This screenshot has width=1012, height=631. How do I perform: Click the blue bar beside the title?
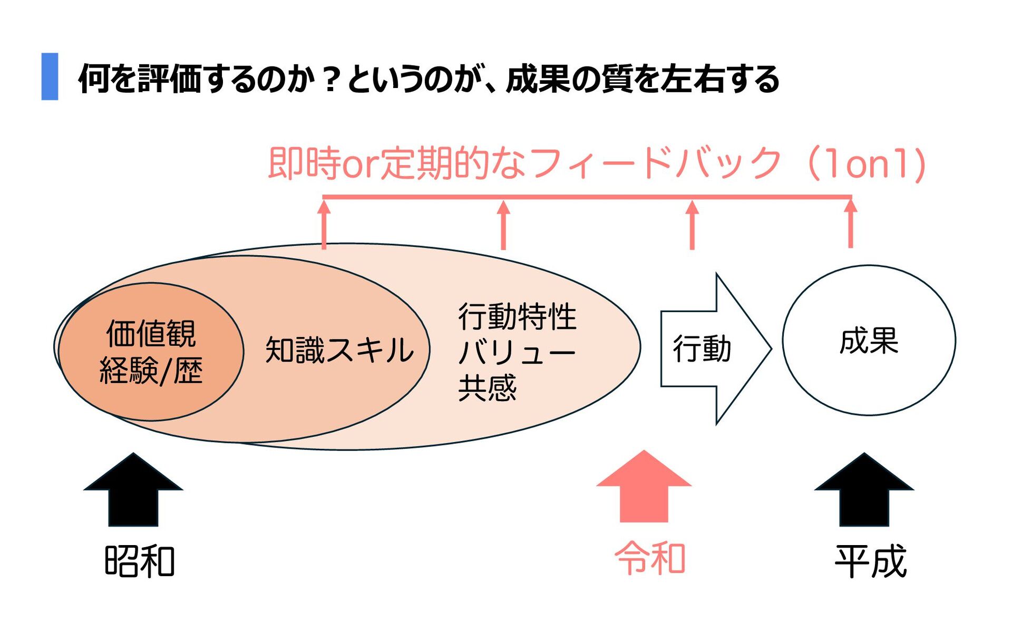pyautogui.click(x=50, y=76)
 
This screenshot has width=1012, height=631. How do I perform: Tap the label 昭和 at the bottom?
pyautogui.click(x=140, y=561)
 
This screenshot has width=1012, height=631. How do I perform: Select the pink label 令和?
pyautogui.click(x=650, y=558)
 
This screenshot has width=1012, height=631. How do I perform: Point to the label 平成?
pyautogui.click(x=870, y=561)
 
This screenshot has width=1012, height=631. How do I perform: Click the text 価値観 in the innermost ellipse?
pyautogui.click(x=151, y=334)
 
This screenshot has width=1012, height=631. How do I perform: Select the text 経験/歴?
pyautogui.click(x=151, y=371)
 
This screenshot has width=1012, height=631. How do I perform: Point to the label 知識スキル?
pyautogui.click(x=339, y=350)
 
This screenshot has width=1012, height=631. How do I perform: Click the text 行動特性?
pyautogui.click(x=518, y=317)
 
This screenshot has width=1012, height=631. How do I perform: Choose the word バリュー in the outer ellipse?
pyautogui.click(x=517, y=352)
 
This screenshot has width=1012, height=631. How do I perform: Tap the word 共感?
pyautogui.click(x=487, y=388)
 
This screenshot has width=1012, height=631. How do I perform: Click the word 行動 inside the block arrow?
pyautogui.click(x=702, y=349)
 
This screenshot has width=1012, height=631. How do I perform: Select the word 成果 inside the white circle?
pyautogui.click(x=869, y=341)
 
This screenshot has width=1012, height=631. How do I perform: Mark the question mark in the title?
pyautogui.click(x=331, y=79)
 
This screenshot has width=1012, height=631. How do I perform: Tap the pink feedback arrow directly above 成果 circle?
pyautogui.click(x=850, y=224)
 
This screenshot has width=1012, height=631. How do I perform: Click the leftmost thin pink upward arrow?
pyautogui.click(x=324, y=225)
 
